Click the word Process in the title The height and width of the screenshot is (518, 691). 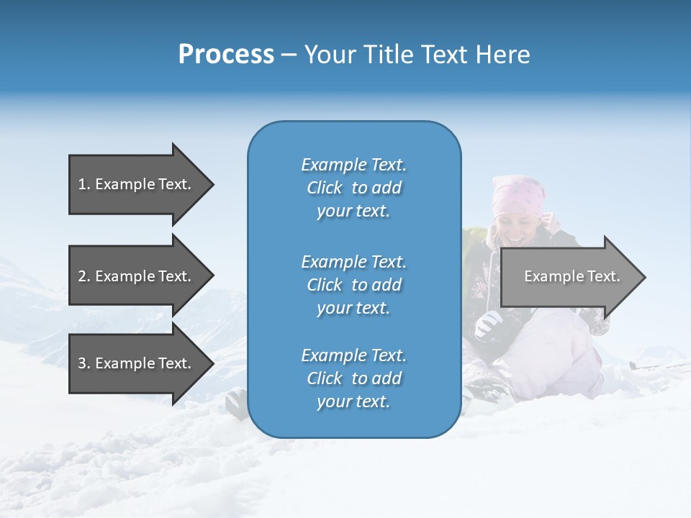(x=226, y=55)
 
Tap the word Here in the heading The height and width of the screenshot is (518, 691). (x=503, y=55)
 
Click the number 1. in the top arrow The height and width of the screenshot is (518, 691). (x=83, y=184)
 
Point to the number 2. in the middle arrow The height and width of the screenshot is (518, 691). (x=83, y=276)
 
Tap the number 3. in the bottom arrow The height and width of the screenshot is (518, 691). (x=83, y=363)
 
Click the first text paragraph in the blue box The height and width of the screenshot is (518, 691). (x=353, y=188)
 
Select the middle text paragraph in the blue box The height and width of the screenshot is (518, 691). (x=353, y=285)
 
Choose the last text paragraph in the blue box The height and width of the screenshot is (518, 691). (x=353, y=378)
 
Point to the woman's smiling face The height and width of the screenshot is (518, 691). (x=520, y=219)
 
